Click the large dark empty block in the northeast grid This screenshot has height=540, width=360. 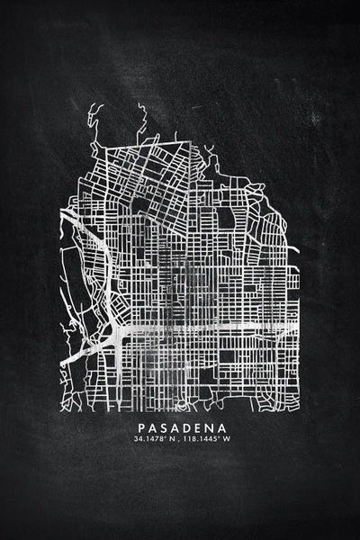226,217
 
